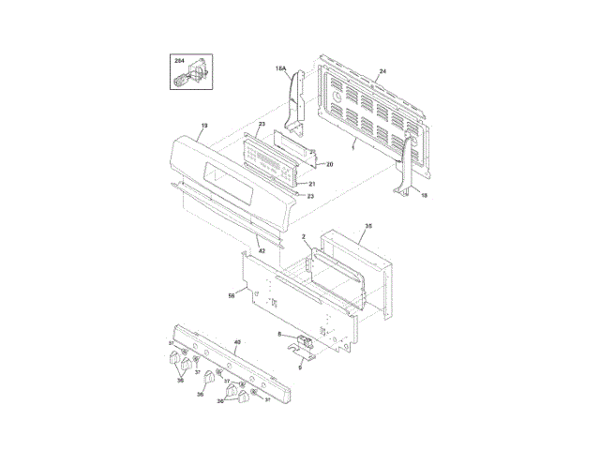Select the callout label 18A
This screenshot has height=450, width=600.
point(280,68)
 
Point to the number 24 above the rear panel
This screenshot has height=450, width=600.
point(382,72)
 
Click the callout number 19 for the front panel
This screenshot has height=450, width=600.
point(204,126)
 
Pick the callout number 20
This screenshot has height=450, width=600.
point(329,165)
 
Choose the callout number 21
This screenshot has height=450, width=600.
point(311,184)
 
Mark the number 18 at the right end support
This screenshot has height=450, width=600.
point(423,195)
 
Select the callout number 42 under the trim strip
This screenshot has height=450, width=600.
point(261,252)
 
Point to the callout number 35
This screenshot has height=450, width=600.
point(368,227)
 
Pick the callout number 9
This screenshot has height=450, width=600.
point(300,367)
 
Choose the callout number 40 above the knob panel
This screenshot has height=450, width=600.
point(237,344)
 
